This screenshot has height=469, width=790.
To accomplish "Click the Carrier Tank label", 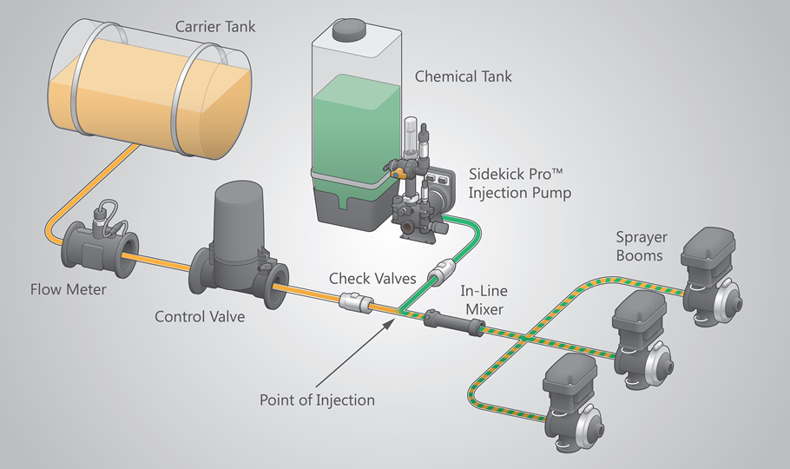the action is pos(215,26).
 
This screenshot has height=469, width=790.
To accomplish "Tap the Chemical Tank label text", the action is pos(463,76).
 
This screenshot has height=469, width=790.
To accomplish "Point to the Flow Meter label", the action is pos(68,289).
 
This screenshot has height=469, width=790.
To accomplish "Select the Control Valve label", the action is pos(200,317).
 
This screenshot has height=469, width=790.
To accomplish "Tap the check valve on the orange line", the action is pos(356,302).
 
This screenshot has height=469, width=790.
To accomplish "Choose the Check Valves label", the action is pos(372,279).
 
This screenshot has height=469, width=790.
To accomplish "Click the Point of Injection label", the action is pos(317,400).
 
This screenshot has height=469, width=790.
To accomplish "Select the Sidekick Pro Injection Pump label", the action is pos(520,183).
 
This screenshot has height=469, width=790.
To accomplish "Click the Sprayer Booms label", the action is pos(642,246).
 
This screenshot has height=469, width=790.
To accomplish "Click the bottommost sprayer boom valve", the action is pos(574,402).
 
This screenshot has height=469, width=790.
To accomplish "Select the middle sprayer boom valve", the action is pos(642,339).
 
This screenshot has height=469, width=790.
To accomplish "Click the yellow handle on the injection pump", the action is pos(398,175).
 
